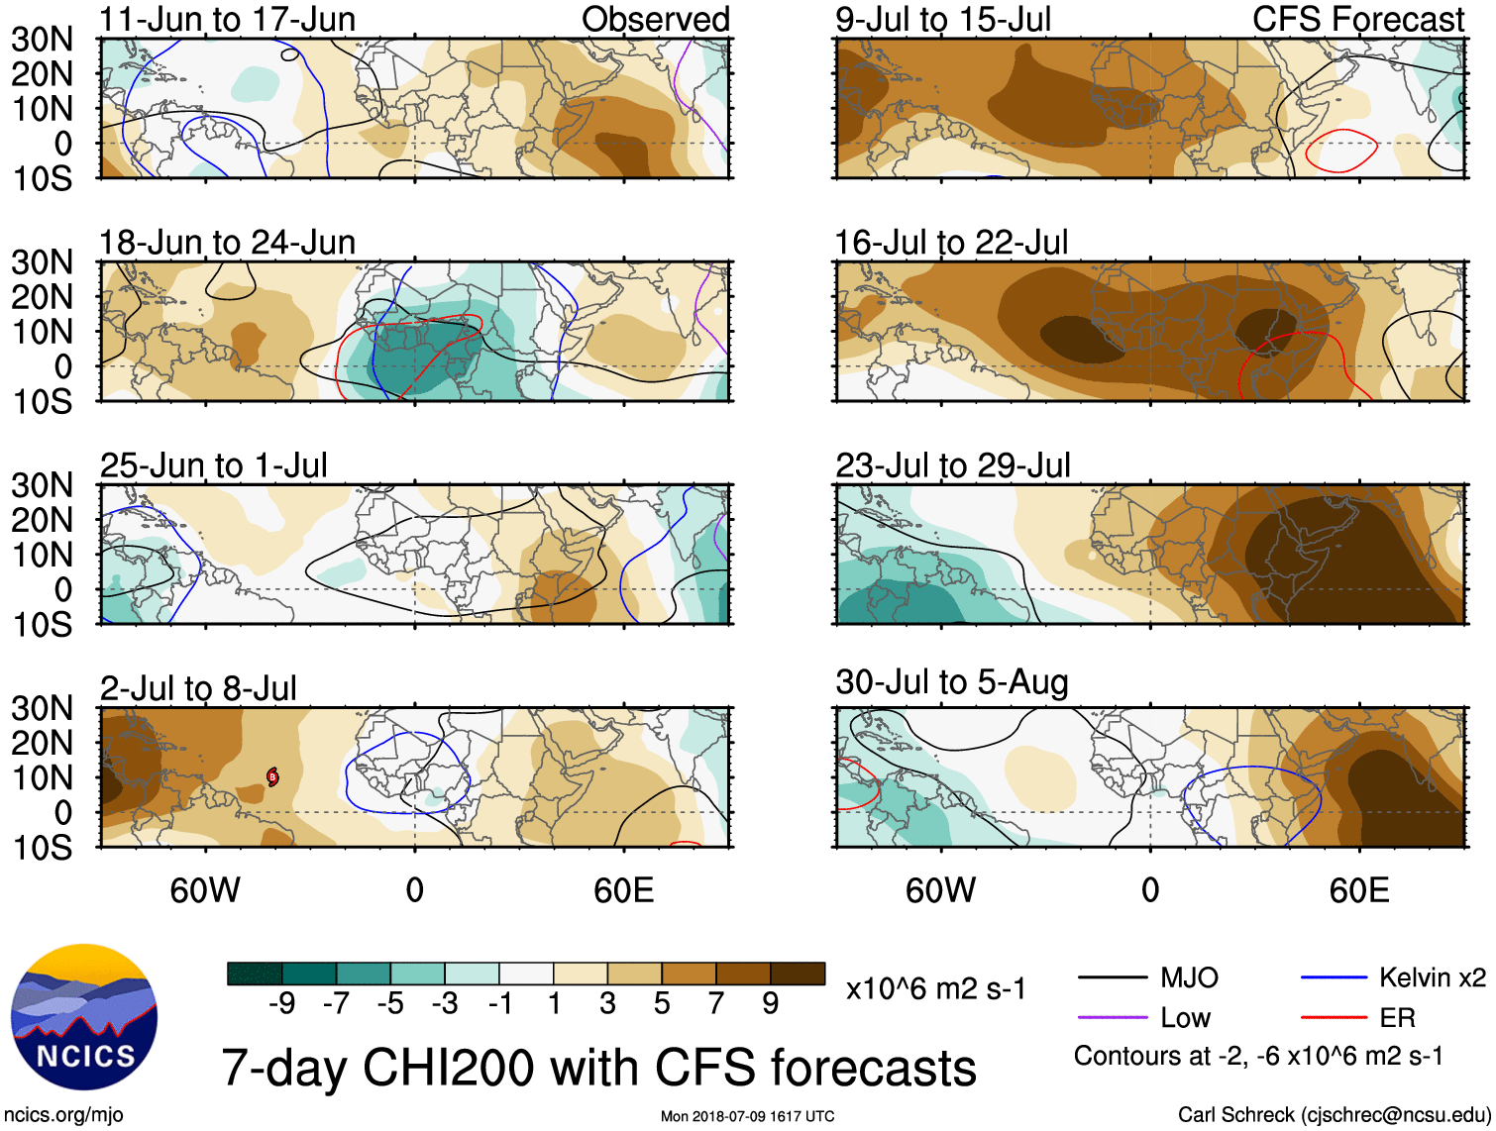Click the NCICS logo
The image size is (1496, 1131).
coord(84,1017)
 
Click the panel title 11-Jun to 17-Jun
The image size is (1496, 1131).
coord(227,19)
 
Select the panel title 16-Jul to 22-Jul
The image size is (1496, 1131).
coord(951,243)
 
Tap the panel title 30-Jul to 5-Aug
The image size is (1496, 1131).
coord(951,682)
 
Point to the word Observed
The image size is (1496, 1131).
coord(655,19)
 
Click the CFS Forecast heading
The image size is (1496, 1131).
coord(1357,19)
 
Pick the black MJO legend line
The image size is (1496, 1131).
coord(1113,978)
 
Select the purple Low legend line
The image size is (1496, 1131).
coord(1113,1018)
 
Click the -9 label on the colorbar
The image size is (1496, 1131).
coord(281,1004)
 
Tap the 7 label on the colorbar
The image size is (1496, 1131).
coord(716,1004)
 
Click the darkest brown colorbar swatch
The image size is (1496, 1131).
coord(798,974)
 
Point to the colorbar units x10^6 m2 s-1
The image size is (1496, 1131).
coord(935,989)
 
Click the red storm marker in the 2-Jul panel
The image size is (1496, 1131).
coord(272,777)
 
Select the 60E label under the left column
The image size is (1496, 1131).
coord(623,890)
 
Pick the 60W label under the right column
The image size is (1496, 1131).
coord(940,890)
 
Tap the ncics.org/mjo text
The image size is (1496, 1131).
coord(64,1115)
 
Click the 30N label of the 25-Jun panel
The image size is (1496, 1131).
coord(43,485)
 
